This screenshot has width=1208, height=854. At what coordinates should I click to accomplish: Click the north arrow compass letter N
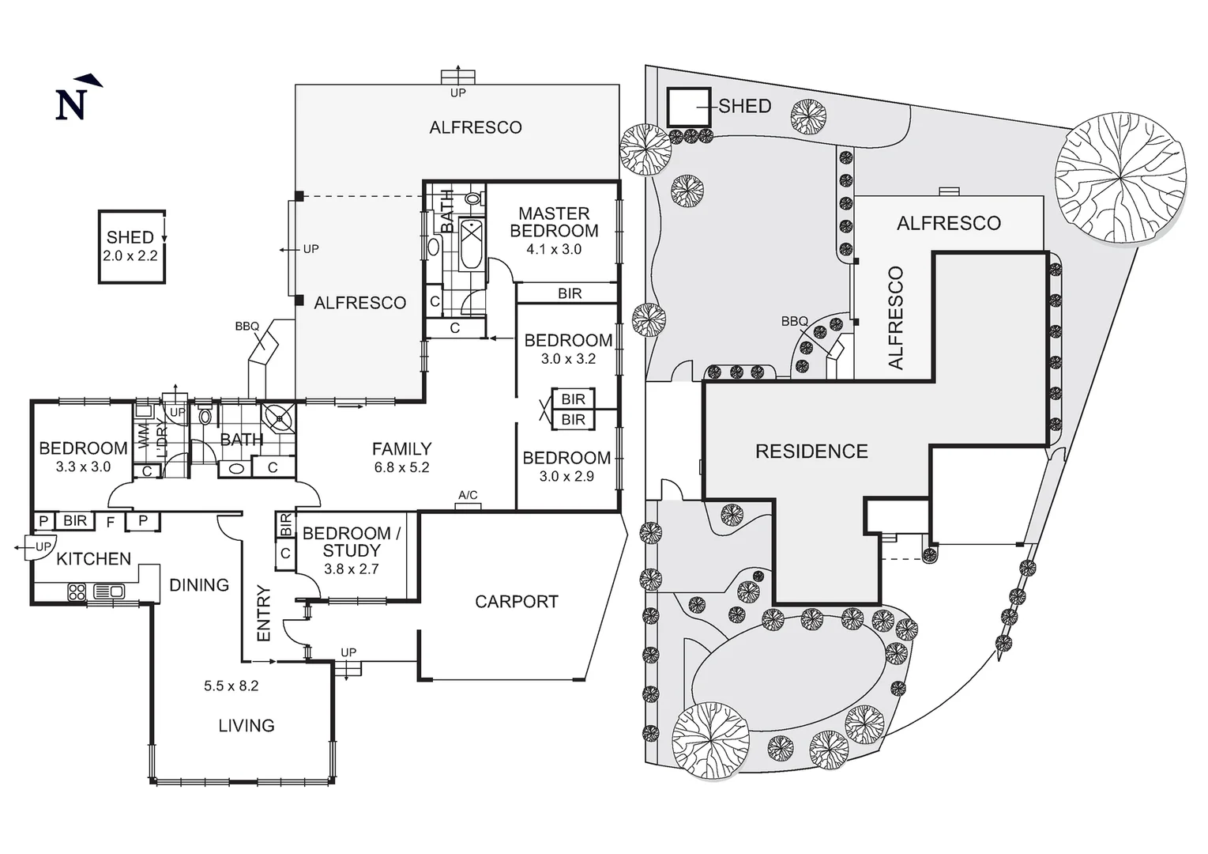click(x=70, y=104)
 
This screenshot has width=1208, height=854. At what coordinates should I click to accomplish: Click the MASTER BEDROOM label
click(x=554, y=222)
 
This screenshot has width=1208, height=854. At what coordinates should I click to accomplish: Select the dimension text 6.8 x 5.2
click(x=401, y=467)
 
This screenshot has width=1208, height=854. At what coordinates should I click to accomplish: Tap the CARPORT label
click(x=516, y=602)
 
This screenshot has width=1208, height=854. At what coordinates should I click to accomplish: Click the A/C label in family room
click(x=468, y=496)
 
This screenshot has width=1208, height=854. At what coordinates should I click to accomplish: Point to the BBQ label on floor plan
click(x=246, y=326)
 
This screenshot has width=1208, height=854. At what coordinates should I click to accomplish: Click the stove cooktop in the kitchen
click(x=77, y=591)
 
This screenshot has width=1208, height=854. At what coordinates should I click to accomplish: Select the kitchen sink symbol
click(x=108, y=591)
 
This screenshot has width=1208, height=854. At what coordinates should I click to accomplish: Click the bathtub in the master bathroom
click(x=471, y=245)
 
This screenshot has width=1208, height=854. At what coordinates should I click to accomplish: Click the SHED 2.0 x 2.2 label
click(x=131, y=246)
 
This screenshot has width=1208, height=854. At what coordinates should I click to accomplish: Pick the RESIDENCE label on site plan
click(x=811, y=452)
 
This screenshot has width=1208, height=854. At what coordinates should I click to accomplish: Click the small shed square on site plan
click(x=688, y=107)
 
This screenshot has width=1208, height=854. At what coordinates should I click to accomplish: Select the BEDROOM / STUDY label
click(x=352, y=542)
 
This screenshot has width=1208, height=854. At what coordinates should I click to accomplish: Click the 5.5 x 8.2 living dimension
click(x=231, y=686)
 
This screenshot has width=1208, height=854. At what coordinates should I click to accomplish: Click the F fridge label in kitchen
click(x=111, y=521)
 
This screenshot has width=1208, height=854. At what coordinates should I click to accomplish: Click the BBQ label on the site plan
click(x=794, y=321)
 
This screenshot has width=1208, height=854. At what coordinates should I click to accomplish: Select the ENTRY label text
click(x=264, y=613)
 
